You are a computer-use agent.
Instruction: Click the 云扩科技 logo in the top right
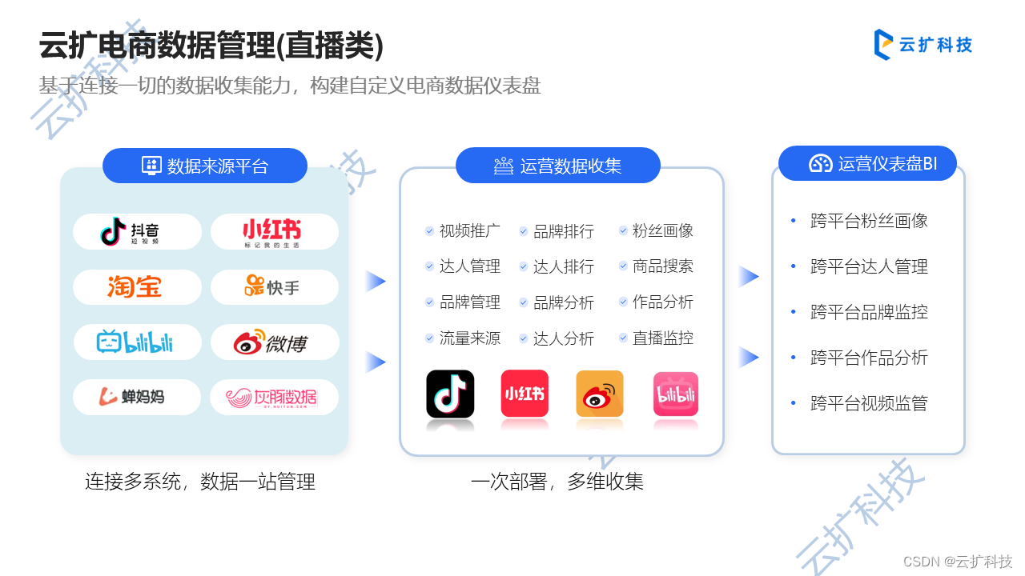pyautogui.click(x=922, y=45)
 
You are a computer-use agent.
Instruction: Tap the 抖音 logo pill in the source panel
pyautogui.click(x=137, y=232)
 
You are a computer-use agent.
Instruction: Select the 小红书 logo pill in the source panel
pyautogui.click(x=274, y=232)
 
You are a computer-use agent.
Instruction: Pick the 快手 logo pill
pyautogui.click(x=274, y=286)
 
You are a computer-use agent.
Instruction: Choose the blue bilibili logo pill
pyautogui.click(x=137, y=342)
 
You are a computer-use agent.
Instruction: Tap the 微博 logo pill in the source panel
pyautogui.click(x=274, y=342)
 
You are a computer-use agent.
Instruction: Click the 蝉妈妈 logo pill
pyautogui.click(x=137, y=397)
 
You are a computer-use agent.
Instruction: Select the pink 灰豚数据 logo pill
pyautogui.click(x=274, y=397)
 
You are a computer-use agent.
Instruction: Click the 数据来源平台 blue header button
pyautogui.click(x=205, y=166)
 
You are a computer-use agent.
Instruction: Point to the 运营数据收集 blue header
pyautogui.click(x=558, y=166)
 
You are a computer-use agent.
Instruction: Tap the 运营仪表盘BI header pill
pyautogui.click(x=868, y=164)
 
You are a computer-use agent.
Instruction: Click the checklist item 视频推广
pyautogui.click(x=469, y=231)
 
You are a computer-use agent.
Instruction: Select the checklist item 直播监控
pyautogui.click(x=662, y=338)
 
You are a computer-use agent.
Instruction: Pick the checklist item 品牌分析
pyautogui.click(x=563, y=302)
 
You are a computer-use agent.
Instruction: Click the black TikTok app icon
pyautogui.click(x=450, y=394)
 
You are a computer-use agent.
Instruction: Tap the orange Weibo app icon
pyautogui.click(x=600, y=394)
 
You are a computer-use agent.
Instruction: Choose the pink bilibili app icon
pyautogui.click(x=676, y=394)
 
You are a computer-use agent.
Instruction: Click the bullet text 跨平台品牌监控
pyautogui.click(x=869, y=312)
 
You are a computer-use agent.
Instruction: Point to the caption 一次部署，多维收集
pyautogui.click(x=557, y=482)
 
